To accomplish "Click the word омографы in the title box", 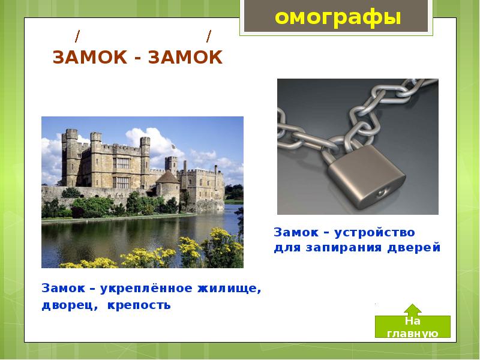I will click(337, 17).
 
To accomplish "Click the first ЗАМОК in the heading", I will click(89, 58).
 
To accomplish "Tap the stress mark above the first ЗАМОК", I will click(77, 37).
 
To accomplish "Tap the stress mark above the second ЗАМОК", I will click(209, 37).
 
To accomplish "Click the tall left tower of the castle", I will click(71, 157).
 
